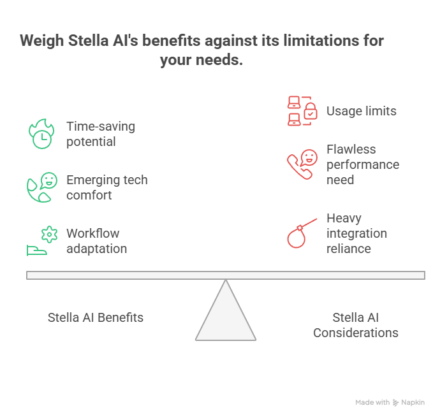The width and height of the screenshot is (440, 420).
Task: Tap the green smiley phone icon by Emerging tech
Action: point(42,187)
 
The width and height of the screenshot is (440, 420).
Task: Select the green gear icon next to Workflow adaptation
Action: point(49,235)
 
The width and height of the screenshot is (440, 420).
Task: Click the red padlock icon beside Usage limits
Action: point(311,112)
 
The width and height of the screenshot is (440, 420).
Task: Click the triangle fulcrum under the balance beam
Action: point(226,310)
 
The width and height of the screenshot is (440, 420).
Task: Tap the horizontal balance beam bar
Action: point(226,275)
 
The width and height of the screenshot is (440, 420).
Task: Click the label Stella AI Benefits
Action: point(96,317)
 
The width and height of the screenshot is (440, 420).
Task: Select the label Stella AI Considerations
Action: point(356,325)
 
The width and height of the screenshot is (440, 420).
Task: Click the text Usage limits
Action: point(362,111)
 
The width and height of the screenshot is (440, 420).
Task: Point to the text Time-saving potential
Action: point(101,134)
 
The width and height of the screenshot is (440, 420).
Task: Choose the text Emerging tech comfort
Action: point(107,187)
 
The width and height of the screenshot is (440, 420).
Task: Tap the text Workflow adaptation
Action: point(96,241)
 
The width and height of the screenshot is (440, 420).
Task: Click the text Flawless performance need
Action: point(363,164)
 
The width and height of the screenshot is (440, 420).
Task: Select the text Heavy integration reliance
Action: point(356,233)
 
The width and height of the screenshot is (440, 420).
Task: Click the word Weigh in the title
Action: point(42,41)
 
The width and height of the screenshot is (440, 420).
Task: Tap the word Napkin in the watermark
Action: point(413,402)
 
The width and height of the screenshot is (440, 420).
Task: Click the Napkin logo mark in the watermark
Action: point(395,403)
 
